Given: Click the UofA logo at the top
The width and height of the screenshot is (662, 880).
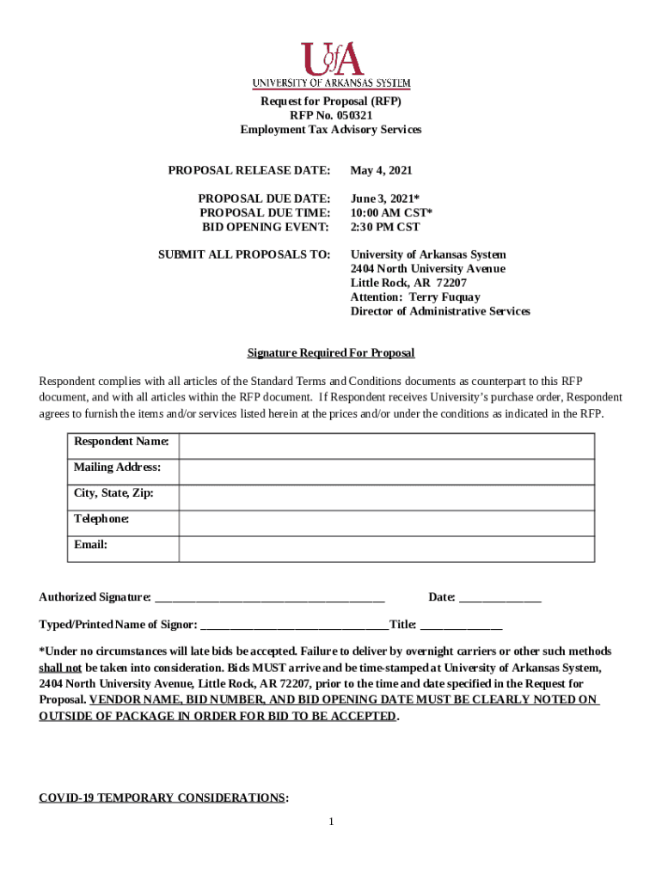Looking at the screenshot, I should (331, 65).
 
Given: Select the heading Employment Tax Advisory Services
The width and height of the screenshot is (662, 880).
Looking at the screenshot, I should (331, 130).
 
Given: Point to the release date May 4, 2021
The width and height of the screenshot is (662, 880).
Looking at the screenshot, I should (381, 171).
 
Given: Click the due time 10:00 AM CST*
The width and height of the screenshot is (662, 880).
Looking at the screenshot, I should (391, 212).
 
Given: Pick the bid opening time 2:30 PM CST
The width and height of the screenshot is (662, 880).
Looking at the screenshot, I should (384, 227).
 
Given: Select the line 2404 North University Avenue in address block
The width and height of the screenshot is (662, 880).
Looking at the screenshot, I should (427, 269).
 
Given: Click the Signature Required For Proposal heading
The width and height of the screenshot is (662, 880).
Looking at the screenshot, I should (331, 353).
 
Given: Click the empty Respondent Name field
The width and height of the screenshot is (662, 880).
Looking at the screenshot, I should (386, 447).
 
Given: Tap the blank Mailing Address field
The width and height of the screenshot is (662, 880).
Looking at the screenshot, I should (386, 473).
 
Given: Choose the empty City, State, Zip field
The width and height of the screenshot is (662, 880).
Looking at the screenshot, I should (386, 498).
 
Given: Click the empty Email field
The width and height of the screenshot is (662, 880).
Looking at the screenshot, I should (386, 549).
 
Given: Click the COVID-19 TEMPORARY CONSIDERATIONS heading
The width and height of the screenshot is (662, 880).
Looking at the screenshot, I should (162, 798).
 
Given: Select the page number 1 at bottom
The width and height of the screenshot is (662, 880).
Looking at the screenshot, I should (331, 822).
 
